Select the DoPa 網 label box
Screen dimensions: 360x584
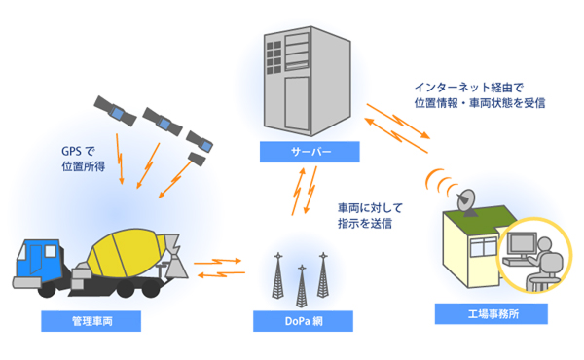click(301, 320)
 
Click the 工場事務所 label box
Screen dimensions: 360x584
click(492, 314)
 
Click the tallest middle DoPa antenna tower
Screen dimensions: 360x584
click(301, 277)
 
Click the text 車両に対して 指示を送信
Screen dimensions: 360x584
click(367, 215)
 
